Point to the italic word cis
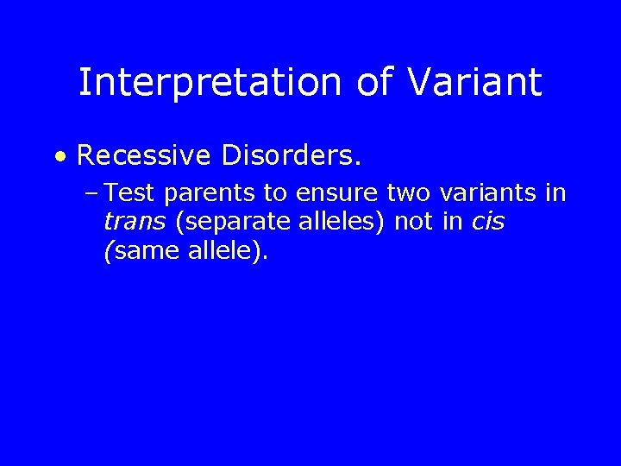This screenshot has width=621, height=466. coord(488,224)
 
